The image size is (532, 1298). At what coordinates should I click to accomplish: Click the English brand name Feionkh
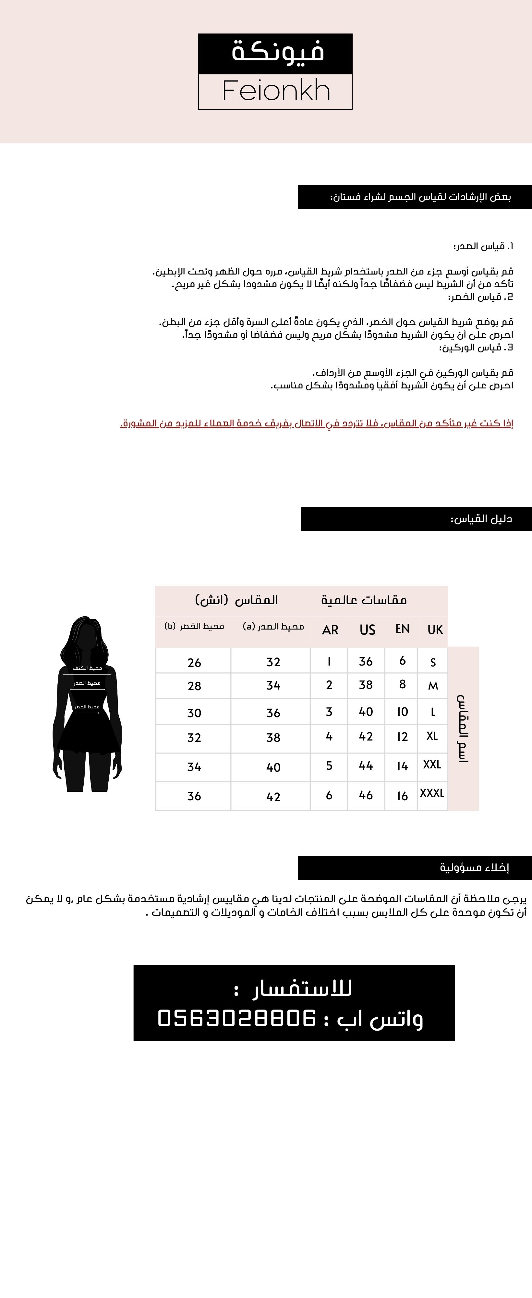tap(276, 91)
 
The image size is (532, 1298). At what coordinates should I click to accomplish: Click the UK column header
tap(435, 629)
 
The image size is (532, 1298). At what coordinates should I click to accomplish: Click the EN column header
tap(402, 629)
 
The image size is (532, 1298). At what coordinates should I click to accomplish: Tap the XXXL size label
tap(432, 793)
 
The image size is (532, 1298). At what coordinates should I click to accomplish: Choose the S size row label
tap(433, 662)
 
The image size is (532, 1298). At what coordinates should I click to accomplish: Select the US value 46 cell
tap(366, 795)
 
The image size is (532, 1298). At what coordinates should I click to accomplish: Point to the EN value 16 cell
tap(402, 796)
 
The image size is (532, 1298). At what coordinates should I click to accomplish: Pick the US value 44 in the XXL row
tap(366, 766)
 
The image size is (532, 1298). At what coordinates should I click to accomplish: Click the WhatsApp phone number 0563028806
tap(237, 1018)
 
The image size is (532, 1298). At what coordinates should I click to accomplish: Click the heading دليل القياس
tap(481, 519)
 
